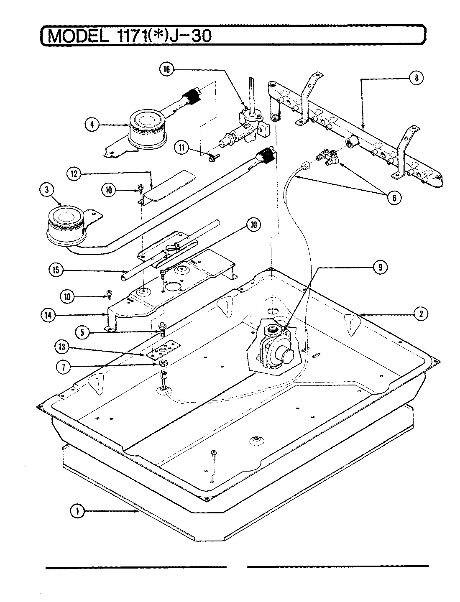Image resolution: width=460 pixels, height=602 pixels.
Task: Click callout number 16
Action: pos(167,70)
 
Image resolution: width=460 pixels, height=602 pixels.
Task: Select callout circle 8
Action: pos(416,78)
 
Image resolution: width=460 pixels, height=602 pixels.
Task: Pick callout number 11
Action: pos(182,147)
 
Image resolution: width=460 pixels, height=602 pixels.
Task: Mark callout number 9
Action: pos(380,268)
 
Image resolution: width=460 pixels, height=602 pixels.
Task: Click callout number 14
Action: pos(49,316)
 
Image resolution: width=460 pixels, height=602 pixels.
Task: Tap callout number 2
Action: pos(421,314)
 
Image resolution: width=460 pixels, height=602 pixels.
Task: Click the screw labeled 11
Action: pos(210,158)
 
